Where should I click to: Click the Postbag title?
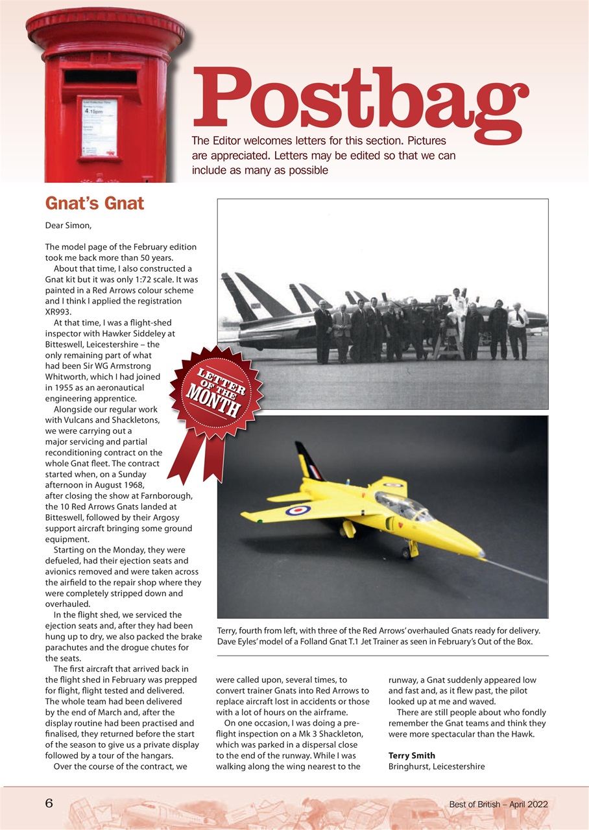coord(360,99)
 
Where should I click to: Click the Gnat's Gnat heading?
coord(95,204)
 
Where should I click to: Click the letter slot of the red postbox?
coord(101,77)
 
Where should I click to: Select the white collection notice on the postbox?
coord(99,128)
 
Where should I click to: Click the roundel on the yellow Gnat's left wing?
coord(298,510)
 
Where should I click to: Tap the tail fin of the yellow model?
coord(307,460)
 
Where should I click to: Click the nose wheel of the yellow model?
coord(407,552)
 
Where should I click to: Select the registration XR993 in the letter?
coord(60,311)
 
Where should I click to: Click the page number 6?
coord(48,803)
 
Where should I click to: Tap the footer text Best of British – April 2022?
coord(498,804)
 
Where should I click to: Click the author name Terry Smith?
coord(411,755)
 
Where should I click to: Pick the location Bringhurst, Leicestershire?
coord(436,766)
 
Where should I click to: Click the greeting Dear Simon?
coord(68,226)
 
